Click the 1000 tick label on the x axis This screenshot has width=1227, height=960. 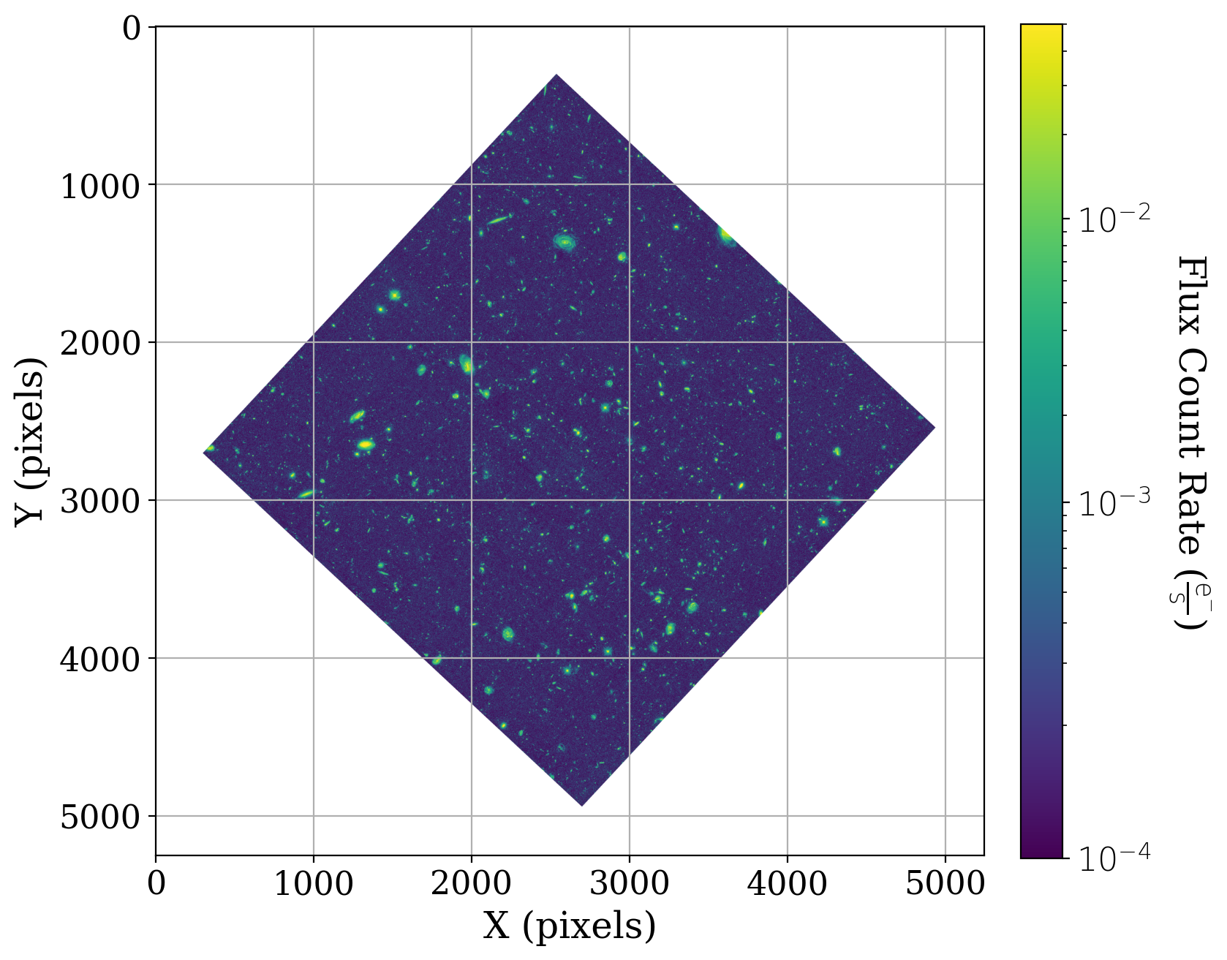pyautogui.click(x=313, y=884)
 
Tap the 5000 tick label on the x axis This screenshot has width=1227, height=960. pyautogui.click(x=945, y=884)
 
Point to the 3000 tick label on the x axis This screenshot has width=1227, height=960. pyautogui.click(x=629, y=884)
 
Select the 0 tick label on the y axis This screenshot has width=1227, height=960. pyautogui.click(x=132, y=29)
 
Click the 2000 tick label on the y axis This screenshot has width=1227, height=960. pyautogui.click(x=99, y=343)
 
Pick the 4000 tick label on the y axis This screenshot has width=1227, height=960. pyautogui.click(x=99, y=659)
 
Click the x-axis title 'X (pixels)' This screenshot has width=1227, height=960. pyautogui.click(x=569, y=926)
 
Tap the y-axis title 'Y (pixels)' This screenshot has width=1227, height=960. pyautogui.click(x=30, y=442)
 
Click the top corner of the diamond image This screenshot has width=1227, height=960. pyautogui.click(x=556, y=75)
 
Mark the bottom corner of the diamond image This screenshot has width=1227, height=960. pyautogui.click(x=581, y=805)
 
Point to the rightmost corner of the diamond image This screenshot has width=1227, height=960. pyautogui.click(x=935, y=428)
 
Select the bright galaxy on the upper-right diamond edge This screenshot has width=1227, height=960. pyautogui.click(x=726, y=235)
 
